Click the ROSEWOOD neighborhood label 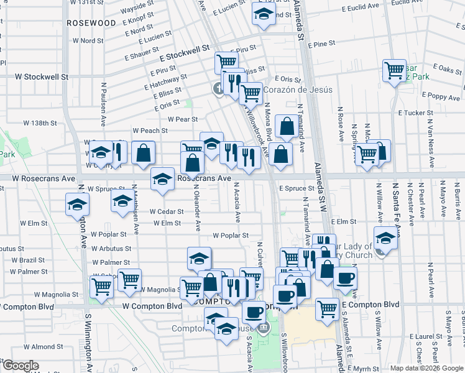tap(93, 22)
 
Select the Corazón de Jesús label tap(298, 90)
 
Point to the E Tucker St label tap(415, 113)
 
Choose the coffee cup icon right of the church tap(345, 278)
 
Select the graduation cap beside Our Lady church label tap(385, 239)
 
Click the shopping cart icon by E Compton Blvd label tap(327, 308)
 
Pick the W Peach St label tap(150, 131)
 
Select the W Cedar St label tap(166, 211)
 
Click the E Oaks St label tap(448, 68)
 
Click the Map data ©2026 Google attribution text tap(426, 368)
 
